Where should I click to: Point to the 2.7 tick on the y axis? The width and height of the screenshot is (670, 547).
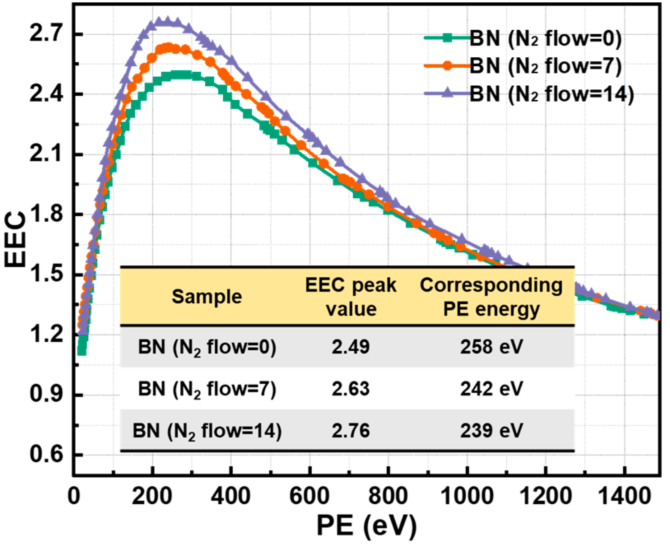click(46, 33)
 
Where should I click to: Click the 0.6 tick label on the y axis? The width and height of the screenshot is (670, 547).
click(46, 454)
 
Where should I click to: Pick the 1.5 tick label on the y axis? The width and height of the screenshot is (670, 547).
click(46, 274)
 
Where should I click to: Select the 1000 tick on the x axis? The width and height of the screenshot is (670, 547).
click(467, 495)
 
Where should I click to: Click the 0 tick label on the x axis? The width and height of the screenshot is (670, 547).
click(74, 495)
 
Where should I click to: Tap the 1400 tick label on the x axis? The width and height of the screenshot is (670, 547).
click(624, 495)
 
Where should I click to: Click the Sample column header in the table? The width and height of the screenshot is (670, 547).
click(206, 297)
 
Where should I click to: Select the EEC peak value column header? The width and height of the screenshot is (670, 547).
click(351, 297)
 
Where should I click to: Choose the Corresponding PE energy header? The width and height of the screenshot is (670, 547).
click(491, 297)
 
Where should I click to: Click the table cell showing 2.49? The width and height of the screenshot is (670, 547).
click(350, 347)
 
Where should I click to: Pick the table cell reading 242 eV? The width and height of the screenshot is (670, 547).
click(491, 389)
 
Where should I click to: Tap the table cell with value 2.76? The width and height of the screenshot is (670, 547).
click(350, 431)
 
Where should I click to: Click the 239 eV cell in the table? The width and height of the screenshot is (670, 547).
click(491, 431)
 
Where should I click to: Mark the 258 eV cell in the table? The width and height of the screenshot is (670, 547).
click(491, 347)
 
